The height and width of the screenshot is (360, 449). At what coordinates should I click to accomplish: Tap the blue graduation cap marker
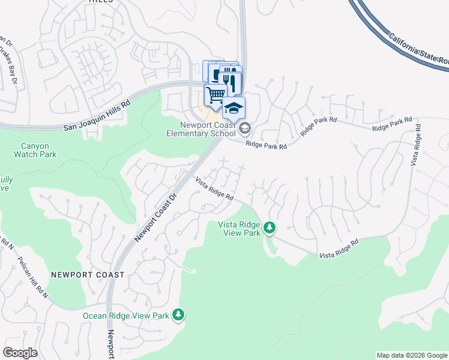[x=234, y=108]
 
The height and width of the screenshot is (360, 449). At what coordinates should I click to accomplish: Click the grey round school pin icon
[x=245, y=128]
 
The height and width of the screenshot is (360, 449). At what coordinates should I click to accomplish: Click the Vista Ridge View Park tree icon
[x=270, y=227]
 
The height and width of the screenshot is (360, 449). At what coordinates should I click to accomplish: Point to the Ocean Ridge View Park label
[x=127, y=315]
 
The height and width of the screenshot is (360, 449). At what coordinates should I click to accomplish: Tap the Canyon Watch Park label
[x=35, y=149]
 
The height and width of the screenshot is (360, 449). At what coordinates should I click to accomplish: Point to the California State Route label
[x=417, y=50]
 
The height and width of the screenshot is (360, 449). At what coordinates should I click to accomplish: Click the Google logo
[x=20, y=353]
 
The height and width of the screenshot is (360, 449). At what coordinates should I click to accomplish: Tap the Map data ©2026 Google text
[x=411, y=355]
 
